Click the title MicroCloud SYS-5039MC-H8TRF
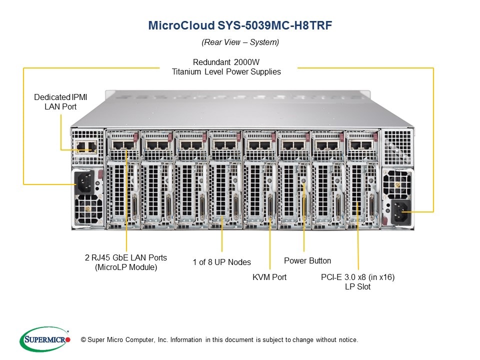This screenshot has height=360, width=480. click(x=240, y=26)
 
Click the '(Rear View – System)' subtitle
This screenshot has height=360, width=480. click(x=240, y=42)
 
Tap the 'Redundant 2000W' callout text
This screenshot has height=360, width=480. click(x=226, y=62)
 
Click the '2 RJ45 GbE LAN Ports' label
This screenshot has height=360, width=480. click(x=126, y=257)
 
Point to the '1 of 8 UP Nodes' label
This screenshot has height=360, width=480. click(x=222, y=262)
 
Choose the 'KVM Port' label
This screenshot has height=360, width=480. click(x=269, y=277)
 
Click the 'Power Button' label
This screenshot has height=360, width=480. click(x=307, y=260)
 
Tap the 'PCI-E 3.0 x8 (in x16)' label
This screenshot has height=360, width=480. click(x=357, y=277)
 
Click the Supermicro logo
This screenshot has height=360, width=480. click(x=44, y=339)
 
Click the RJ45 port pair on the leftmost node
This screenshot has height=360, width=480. click(x=122, y=145)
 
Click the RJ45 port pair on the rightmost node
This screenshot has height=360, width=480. click(x=360, y=145)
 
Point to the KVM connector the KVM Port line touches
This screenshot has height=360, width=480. click(x=270, y=207)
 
